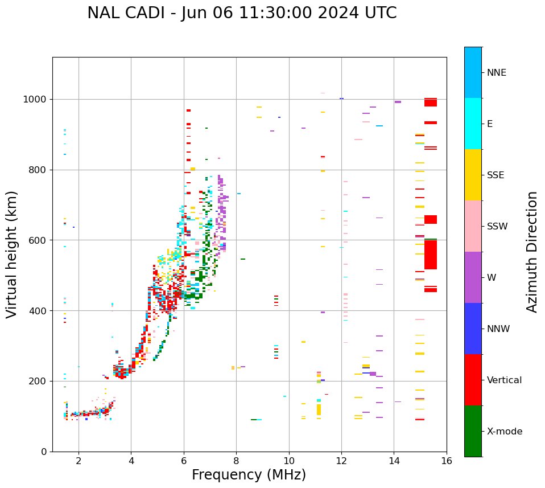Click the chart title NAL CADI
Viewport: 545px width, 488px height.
[242, 13]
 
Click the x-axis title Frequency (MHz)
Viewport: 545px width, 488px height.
[249, 475]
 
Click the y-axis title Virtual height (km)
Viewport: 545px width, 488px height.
[12, 255]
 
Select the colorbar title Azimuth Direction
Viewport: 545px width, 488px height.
[532, 252]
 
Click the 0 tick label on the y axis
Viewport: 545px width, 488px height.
[44, 452]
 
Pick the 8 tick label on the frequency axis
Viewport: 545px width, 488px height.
[236, 461]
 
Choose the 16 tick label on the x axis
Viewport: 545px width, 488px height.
[447, 461]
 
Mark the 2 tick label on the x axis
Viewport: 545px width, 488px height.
[79, 461]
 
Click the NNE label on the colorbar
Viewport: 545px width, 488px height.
[496, 73]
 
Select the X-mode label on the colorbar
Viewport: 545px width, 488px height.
[504, 432]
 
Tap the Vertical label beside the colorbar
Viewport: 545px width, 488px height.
[504, 380]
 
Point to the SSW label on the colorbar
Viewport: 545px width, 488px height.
[497, 227]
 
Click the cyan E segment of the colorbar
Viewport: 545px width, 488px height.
[473, 124]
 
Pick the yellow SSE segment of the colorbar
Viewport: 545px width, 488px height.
[473, 175]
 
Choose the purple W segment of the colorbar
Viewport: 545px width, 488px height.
[473, 277]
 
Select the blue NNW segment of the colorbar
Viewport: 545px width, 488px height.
[473, 329]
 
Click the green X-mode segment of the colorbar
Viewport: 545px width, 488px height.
[473, 431]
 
